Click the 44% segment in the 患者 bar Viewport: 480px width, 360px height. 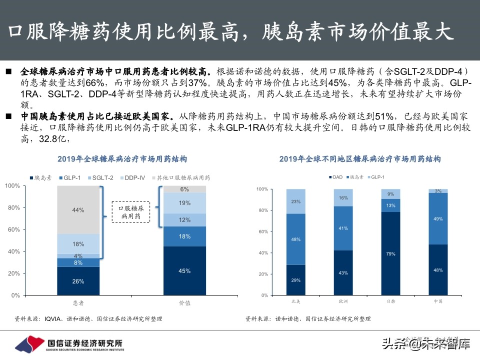tap(78, 210)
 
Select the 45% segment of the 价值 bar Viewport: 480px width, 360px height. tap(184, 271)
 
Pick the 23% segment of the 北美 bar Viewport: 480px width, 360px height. tap(295, 201)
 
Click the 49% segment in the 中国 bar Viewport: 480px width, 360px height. tap(438, 218)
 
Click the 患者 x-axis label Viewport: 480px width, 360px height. tap(78, 303)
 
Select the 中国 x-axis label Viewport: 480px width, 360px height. tap(438, 301)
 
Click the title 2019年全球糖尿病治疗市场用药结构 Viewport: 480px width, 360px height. tap(122, 159)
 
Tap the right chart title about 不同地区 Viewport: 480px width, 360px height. tap(360, 159)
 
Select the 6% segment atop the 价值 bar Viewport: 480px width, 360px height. tap(184, 189)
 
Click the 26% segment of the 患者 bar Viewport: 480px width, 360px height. tap(78, 281)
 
